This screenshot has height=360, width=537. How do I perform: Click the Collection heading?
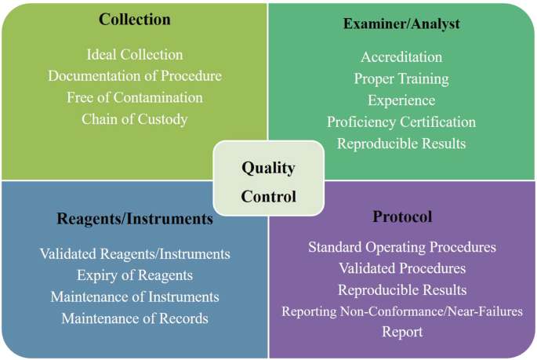point(134,19)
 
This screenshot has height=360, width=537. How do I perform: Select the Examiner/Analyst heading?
point(401,24)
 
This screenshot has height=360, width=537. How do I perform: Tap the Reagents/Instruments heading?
point(135,219)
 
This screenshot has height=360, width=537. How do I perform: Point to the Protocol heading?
point(402,216)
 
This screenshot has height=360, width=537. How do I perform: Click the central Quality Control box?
point(268,181)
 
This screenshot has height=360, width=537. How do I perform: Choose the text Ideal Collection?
point(135,55)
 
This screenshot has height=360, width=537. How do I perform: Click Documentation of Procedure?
point(135,76)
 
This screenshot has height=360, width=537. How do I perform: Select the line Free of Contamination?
point(135,98)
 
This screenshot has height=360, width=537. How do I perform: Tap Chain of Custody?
point(135,119)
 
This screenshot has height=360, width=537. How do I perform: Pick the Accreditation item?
point(401,57)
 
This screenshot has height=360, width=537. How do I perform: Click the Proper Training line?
point(401,78)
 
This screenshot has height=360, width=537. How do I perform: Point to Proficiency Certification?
point(401,122)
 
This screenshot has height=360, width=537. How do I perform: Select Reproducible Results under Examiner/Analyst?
point(401,144)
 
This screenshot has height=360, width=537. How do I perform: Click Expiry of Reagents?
point(135,275)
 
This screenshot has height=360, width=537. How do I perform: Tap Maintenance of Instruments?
point(135,297)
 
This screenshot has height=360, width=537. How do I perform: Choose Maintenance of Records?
point(135,318)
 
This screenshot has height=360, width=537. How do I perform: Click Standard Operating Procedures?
point(402,247)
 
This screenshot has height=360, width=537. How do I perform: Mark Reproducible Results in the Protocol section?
point(402,290)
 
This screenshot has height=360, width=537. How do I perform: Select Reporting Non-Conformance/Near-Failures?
point(402,311)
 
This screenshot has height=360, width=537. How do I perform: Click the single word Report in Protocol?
point(402,332)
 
